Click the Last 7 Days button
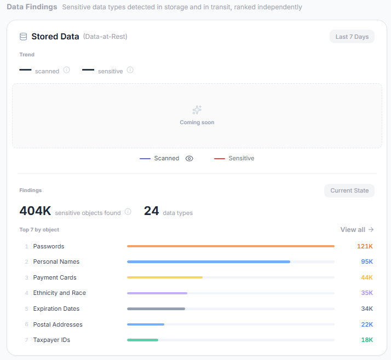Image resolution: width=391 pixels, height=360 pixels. [x=352, y=37]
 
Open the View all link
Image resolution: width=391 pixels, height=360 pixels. [x=357, y=230]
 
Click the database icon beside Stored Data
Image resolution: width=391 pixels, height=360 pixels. [x=24, y=37]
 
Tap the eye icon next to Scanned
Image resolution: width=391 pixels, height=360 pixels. [x=189, y=159]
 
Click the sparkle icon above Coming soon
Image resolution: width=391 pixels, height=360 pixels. [x=197, y=110]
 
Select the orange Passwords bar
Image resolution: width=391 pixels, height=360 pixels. [x=231, y=246]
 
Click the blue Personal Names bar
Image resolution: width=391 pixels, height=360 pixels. [x=209, y=262]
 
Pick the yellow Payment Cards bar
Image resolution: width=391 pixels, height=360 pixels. [x=165, y=277]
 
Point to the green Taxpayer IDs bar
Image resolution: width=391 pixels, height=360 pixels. [x=142, y=340]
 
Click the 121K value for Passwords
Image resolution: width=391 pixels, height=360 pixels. [x=365, y=246]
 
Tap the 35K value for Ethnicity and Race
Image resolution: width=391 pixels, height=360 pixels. [x=367, y=293]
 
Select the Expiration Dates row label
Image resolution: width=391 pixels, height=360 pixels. [x=56, y=309]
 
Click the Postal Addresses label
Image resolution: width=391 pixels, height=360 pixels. [x=58, y=324]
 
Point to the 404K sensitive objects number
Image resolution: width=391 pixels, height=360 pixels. [x=35, y=211]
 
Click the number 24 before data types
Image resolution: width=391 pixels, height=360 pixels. [x=151, y=211]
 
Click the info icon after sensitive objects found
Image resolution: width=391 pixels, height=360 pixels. [x=128, y=212]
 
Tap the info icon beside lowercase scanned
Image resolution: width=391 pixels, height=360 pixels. [x=67, y=70]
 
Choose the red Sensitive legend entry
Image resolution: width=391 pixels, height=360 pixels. [x=234, y=159]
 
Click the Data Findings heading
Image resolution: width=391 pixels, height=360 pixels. [x=32, y=7]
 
